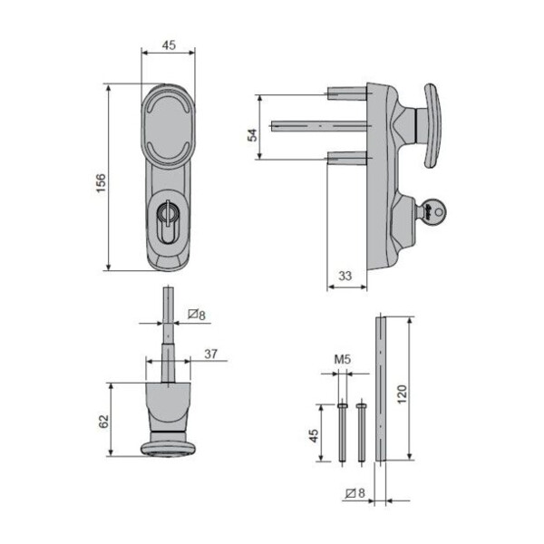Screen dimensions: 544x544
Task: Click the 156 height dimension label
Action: tap(101, 183)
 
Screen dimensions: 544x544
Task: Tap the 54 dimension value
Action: tap(253, 135)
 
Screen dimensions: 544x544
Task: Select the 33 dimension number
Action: tap(345, 277)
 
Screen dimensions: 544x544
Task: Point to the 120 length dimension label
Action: tap(402, 393)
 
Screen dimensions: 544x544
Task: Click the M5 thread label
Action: tap(343, 359)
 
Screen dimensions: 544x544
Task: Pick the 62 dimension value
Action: tap(104, 422)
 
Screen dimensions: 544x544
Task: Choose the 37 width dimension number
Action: tap(211, 355)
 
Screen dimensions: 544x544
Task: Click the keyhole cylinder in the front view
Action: tap(167, 221)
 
